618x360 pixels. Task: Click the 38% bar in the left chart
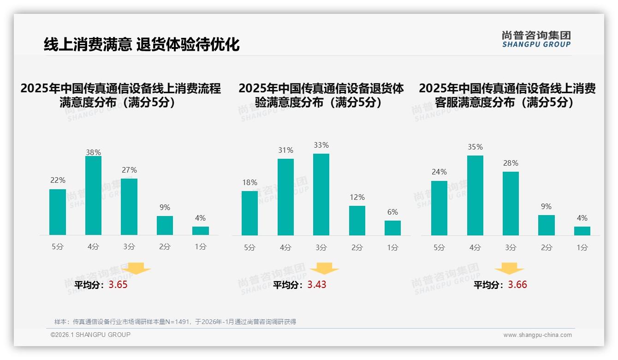[93, 196]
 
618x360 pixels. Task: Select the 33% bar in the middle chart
[321, 194]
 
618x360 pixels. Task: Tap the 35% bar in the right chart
[475, 195]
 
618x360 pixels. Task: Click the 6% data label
[392, 212]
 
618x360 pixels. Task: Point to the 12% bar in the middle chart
[357, 221]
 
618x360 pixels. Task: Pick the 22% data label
[58, 180]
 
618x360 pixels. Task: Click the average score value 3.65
[118, 285]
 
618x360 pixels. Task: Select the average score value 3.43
[317, 285]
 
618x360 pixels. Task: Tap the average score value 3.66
[517, 285]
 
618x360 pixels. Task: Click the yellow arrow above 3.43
[324, 269]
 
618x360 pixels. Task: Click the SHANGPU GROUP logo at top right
[536, 39]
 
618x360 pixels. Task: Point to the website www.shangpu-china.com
[537, 335]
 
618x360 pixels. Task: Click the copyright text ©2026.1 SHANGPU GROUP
[90, 335]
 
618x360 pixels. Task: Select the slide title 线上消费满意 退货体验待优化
[142, 45]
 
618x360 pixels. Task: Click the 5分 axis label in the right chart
[439, 247]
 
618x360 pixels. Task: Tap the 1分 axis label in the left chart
[201, 247]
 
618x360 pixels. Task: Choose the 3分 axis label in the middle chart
[321, 247]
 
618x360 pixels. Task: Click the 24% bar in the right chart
[439, 208]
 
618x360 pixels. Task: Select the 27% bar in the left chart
[129, 207]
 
